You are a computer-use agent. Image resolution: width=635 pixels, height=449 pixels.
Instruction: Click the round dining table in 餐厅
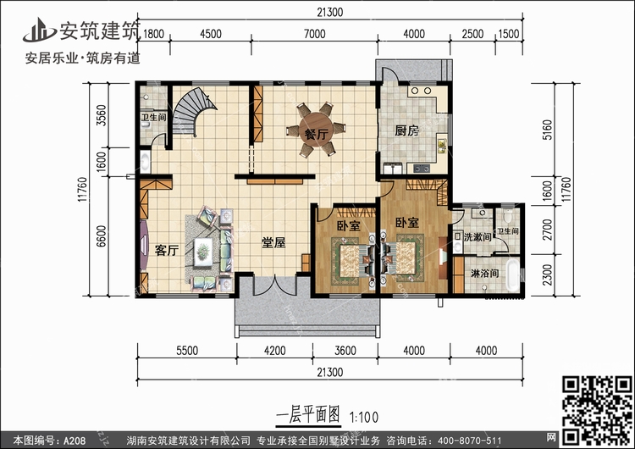tap(317, 129)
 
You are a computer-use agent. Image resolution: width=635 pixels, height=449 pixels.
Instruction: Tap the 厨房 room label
tap(406, 130)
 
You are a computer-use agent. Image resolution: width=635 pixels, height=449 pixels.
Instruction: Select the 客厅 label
tap(167, 250)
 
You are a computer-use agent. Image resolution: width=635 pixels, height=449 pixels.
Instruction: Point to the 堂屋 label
tap(273, 242)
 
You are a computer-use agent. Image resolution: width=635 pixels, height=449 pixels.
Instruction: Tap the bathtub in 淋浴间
tap(512, 274)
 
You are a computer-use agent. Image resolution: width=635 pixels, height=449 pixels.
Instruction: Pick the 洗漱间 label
tap(478, 236)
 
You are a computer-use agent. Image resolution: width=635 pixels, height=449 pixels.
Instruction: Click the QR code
tap(597, 411)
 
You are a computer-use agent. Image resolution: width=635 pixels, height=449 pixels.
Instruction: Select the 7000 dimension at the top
tap(314, 34)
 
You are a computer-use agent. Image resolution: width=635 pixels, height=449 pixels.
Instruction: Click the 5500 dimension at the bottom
tap(187, 350)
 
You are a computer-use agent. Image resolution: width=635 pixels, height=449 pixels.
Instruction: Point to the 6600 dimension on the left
tap(102, 236)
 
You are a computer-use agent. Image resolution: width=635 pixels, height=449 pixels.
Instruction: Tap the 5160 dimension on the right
tap(547, 130)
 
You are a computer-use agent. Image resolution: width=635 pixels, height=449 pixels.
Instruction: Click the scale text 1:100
tap(364, 417)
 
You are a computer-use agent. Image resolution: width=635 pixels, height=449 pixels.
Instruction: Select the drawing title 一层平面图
tap(308, 415)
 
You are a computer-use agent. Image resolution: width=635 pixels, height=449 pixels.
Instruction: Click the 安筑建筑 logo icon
tap(39, 30)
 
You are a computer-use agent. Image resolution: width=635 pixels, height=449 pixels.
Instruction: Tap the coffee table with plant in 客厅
tap(203, 252)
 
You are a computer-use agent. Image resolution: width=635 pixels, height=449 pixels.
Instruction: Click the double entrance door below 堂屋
tap(275, 285)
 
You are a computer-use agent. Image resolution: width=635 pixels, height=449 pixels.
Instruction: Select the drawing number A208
tap(75, 441)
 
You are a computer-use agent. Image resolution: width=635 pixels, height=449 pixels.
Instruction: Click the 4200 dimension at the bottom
tap(274, 350)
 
